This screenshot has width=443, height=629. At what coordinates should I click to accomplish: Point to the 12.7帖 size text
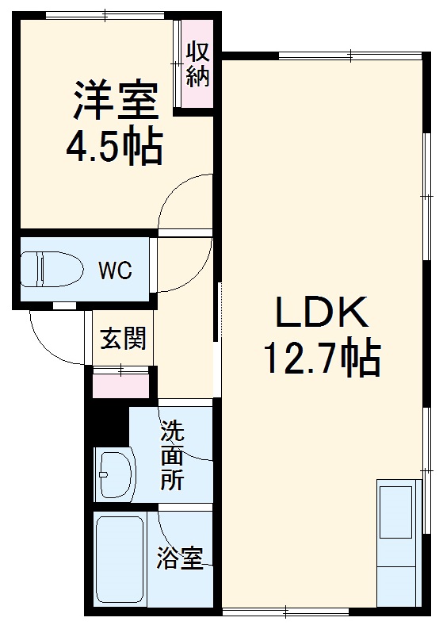(322, 360)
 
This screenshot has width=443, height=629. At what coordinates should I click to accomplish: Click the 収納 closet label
(197, 65)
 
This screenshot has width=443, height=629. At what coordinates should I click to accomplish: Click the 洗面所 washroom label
(172, 456)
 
